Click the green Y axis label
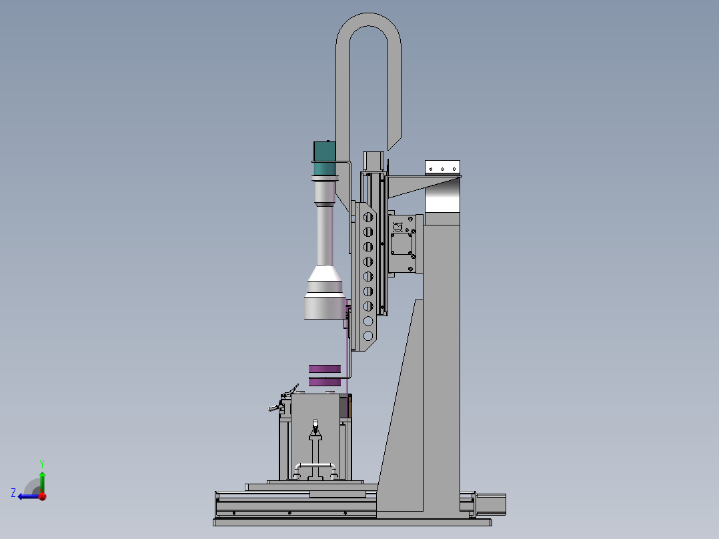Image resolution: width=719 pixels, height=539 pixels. (x=42, y=464)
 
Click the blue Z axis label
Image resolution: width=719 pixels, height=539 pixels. (x=13, y=493)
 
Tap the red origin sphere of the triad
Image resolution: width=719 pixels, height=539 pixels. (x=43, y=496)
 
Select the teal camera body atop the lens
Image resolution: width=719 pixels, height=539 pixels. (x=325, y=158)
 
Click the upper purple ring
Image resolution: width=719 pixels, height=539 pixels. (x=325, y=369)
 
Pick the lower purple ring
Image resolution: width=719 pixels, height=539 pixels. (x=325, y=382)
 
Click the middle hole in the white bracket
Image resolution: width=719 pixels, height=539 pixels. (x=442, y=169)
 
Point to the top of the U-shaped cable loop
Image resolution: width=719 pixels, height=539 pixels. (x=369, y=19)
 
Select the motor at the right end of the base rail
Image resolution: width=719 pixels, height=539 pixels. (x=491, y=503)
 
